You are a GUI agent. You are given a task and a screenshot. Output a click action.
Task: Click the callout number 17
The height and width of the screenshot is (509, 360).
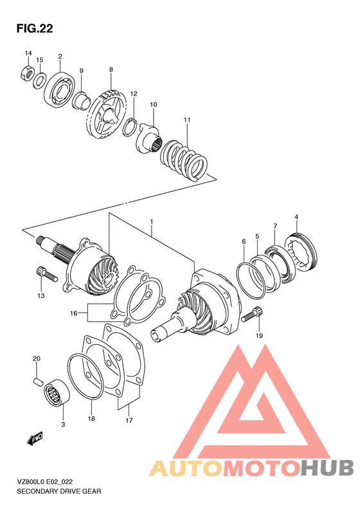click(129, 421)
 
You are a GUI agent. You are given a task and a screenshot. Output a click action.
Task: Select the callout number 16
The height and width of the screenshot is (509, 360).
click(75, 313)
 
